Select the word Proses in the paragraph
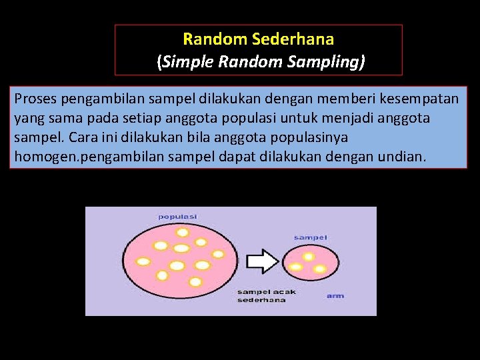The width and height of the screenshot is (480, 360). [35, 99]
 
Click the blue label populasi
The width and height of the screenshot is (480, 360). [177, 217]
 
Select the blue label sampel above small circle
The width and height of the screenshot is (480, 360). [310, 237]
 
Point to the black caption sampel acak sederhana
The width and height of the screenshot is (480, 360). [267, 296]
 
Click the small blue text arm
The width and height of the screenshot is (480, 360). [335, 295]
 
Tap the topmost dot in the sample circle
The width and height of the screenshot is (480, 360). [309, 257]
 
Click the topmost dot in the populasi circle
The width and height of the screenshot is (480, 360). [182, 232]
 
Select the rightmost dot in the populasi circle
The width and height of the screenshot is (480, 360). [217, 254]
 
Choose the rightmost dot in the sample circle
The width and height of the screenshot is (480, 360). [320, 269]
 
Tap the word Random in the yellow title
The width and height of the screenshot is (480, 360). [211, 39]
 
